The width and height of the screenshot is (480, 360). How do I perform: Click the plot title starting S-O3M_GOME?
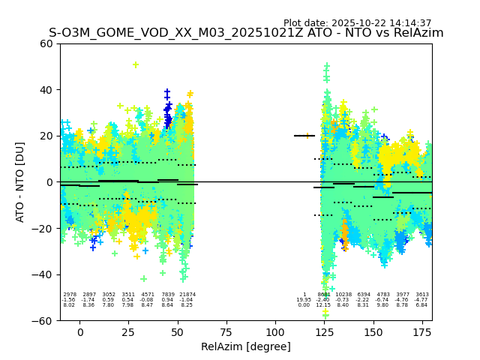click(x=246, y=33)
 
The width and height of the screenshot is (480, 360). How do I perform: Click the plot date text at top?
click(x=357, y=23)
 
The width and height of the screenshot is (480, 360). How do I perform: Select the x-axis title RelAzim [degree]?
click(x=245, y=346)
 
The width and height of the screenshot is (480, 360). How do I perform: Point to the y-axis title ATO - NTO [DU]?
click(x=20, y=181)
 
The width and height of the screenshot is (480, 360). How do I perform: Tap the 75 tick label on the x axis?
click(x=226, y=333)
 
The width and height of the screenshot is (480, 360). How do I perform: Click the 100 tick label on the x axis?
click(x=275, y=333)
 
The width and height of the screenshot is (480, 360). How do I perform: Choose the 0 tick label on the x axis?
click(x=80, y=333)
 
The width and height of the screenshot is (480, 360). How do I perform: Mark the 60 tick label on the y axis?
click(x=46, y=43)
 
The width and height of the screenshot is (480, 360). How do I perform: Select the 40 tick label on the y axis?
click(x=46, y=90)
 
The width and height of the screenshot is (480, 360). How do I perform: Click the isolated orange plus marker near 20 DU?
click(x=307, y=136)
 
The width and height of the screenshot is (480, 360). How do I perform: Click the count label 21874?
click(x=187, y=295)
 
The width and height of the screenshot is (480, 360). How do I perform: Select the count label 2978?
click(x=70, y=295)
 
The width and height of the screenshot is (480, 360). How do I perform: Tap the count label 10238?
click(x=343, y=295)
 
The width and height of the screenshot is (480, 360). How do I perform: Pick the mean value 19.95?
click(x=304, y=300)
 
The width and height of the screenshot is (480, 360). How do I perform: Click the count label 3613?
click(x=422, y=295)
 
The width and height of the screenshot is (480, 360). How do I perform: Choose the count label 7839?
click(x=167, y=295)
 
